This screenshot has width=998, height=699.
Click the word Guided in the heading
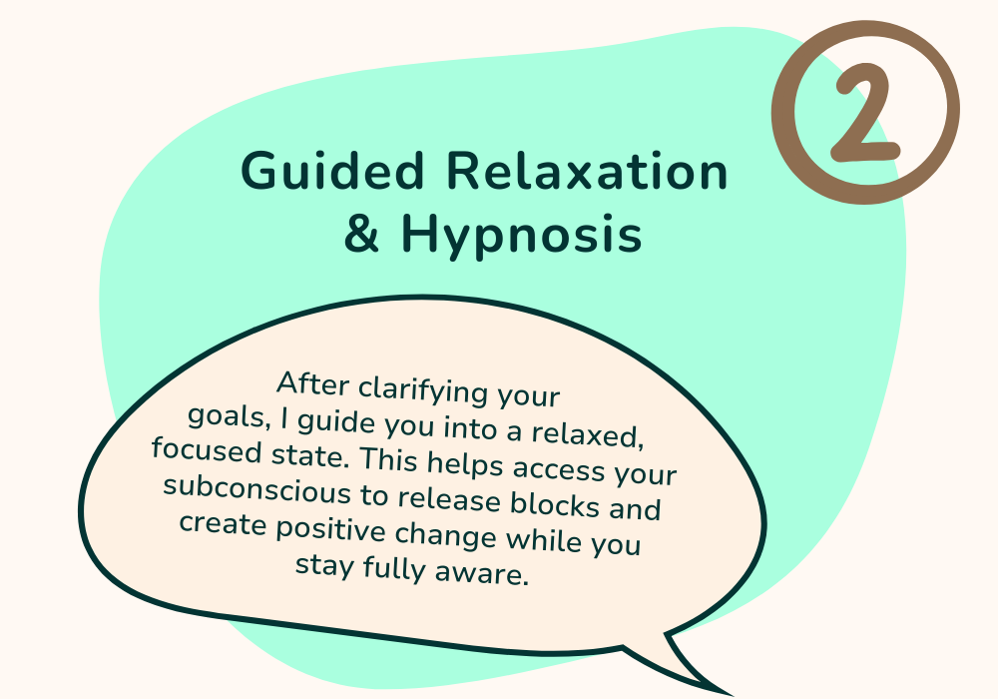coord(331,170)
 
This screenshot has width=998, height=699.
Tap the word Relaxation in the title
coord(587,170)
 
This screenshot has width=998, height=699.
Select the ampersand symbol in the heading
coord(361,233)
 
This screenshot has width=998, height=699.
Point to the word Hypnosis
coord(521,237)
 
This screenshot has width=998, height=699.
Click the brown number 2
coord(863,112)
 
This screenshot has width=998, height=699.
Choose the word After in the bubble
coord(313,383)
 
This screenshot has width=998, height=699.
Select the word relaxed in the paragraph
coord(587,434)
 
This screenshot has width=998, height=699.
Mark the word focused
coord(207,450)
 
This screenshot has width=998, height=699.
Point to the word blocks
coord(554,504)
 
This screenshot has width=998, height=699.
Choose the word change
coord(445,535)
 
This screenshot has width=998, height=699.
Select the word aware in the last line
coord(482,573)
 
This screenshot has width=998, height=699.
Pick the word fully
coord(393,568)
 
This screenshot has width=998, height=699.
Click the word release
coord(449,499)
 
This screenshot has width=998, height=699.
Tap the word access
coord(559,468)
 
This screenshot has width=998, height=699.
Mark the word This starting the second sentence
coord(389,459)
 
